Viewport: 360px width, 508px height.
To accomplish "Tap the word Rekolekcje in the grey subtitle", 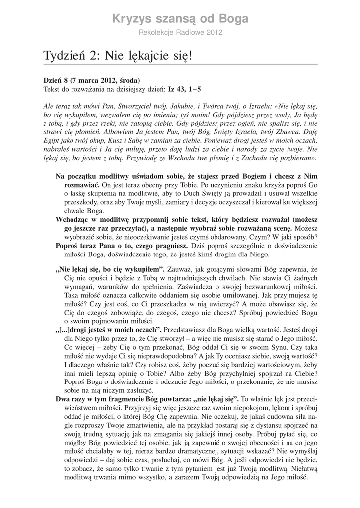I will pos(155,32).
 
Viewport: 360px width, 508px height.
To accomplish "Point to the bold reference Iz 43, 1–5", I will pos(185,89).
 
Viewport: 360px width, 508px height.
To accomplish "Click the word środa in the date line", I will pos(127,81).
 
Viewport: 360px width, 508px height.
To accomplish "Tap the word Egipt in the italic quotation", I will pos(52,141).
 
